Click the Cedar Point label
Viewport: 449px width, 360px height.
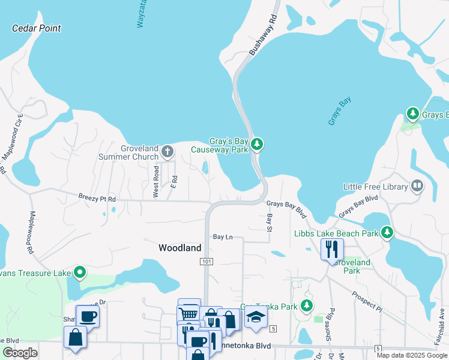37,28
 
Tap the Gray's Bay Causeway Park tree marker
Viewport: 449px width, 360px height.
257,144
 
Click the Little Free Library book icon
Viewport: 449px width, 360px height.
417,186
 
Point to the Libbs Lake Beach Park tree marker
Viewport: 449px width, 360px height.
387,232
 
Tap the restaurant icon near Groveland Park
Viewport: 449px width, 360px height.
332,248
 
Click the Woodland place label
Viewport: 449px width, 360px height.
179,247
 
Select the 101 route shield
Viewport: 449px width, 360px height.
206,262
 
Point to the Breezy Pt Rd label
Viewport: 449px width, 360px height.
97,197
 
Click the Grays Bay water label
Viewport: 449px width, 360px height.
339,112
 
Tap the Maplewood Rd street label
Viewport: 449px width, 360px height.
31,231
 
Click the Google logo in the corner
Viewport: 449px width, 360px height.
20,353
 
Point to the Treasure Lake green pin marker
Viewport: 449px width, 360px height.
80,274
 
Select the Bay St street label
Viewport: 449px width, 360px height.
270,220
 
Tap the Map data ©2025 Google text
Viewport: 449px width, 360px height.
412,355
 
